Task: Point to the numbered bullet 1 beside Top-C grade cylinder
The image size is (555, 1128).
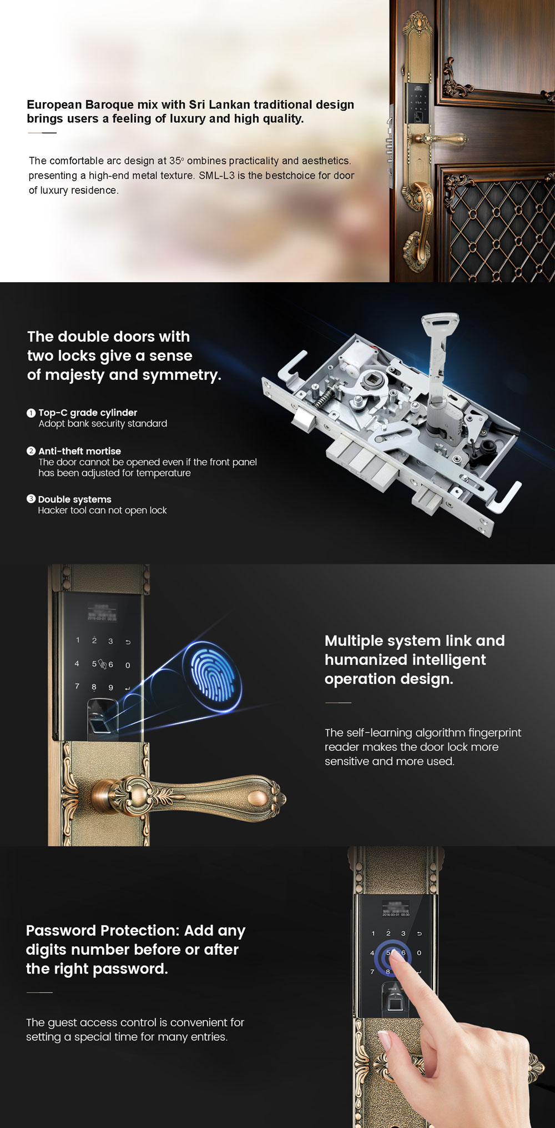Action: coord(31,413)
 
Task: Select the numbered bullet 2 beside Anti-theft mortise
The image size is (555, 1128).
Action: coord(31,451)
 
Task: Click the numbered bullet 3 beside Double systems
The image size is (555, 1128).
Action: coord(31,499)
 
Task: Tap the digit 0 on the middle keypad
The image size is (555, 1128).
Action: coord(128,665)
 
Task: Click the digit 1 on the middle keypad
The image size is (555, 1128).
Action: coord(78,640)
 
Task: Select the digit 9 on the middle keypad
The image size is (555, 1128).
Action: coord(110,688)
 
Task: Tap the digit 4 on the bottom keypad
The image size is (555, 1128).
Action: coord(372,953)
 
